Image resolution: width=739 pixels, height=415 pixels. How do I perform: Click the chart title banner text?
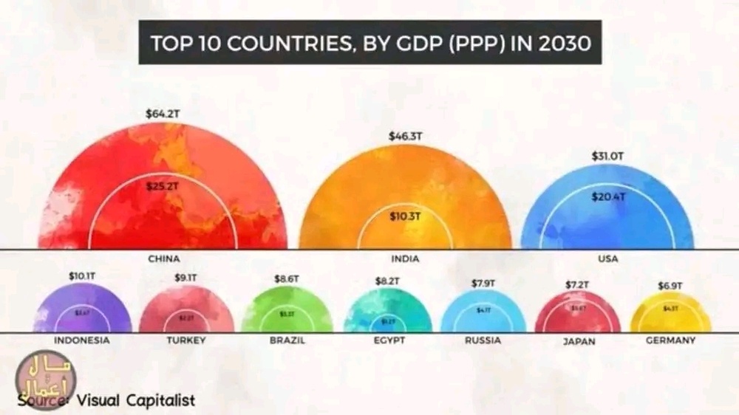pos(370,42)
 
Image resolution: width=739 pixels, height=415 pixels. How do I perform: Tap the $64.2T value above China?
pos(163,114)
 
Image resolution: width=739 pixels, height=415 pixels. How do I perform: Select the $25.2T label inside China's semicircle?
pos(163,187)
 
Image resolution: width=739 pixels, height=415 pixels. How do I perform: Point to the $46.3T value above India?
pos(405,137)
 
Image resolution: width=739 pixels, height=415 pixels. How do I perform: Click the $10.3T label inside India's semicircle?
pos(405,216)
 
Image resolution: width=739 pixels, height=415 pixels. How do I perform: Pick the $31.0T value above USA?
pos(607,157)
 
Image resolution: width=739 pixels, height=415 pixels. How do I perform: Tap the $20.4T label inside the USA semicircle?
pos(608,196)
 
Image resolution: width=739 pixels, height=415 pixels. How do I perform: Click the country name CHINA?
pos(164,258)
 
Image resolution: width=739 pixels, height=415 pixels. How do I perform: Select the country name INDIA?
pos(405,258)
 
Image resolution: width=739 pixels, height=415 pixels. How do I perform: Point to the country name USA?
pos(608,258)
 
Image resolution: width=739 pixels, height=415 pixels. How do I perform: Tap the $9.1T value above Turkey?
pos(186,278)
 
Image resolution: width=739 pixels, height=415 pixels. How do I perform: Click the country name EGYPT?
pos(389,340)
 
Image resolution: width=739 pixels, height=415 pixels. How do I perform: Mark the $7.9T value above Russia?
pos(483,283)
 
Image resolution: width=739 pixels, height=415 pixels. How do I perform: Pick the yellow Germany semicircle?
pos(670,314)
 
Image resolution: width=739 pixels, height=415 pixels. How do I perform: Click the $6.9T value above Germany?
pos(670,285)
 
